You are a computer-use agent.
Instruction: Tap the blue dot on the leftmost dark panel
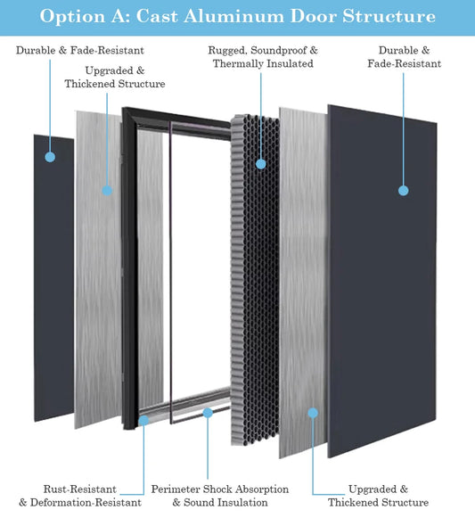coord(51,157)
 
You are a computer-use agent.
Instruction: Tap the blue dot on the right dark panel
coord(403,190)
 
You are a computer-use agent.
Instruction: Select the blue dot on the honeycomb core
coord(260,163)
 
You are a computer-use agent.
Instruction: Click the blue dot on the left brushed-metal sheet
coord(106,189)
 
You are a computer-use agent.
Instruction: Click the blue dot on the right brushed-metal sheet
coord(312,412)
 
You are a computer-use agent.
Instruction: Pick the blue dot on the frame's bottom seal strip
coord(207,412)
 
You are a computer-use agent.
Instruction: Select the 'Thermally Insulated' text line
coord(262,64)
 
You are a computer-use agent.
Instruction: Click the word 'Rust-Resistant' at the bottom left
coord(80,489)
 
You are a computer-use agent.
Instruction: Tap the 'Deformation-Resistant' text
coord(87,503)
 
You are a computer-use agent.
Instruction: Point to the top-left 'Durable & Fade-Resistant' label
coord(79,51)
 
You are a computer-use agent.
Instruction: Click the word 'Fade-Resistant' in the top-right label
coord(409,64)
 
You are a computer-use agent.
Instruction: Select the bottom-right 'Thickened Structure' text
coord(379,503)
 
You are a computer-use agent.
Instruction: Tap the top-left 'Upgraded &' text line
coord(115,70)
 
